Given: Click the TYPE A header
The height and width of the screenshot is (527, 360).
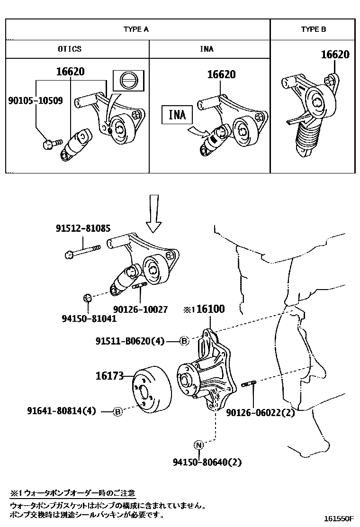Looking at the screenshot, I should tap(136, 29).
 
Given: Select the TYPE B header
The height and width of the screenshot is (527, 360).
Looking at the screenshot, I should tap(314, 29).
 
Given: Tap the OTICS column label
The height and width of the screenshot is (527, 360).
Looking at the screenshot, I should tap(70, 49).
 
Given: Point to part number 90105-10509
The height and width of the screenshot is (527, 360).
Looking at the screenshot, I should tap(36, 100).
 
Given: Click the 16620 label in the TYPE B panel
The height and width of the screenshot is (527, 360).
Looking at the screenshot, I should tap(335, 55).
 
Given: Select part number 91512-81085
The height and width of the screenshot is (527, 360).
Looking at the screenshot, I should tap(81, 228).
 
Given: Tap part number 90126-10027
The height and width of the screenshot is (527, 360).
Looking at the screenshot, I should tap(141, 309).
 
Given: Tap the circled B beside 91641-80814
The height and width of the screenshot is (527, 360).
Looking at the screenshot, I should tap(118, 412).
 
